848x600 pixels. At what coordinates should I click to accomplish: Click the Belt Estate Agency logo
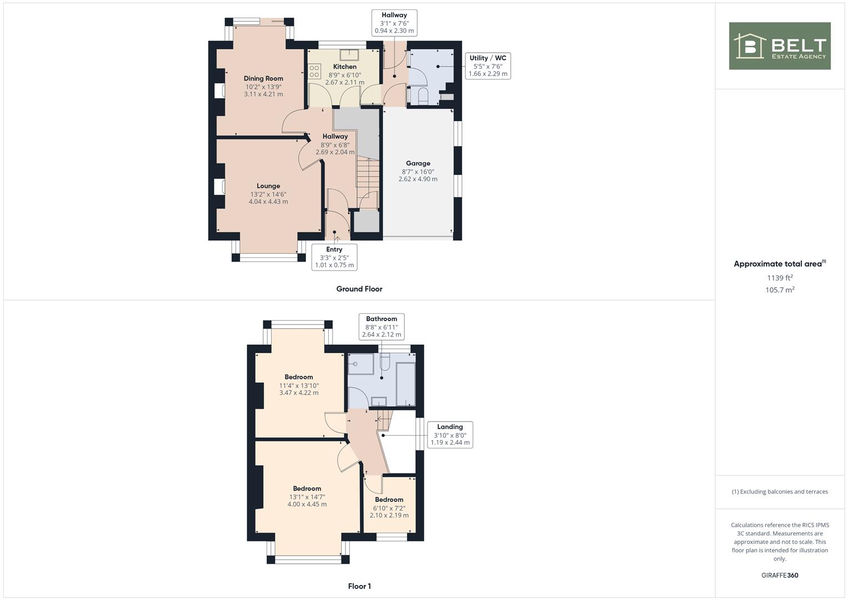pyautogui.click(x=779, y=46)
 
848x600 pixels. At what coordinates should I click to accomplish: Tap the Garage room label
pyautogui.click(x=418, y=163)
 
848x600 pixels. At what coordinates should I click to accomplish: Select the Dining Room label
pyautogui.click(x=263, y=78)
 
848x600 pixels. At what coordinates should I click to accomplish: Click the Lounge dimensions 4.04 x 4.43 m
pyautogui.click(x=268, y=202)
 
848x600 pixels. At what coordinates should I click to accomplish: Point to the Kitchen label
pyautogui.click(x=345, y=67)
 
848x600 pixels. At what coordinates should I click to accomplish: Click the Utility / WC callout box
pyautogui.click(x=488, y=66)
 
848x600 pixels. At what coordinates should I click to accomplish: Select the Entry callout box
pyautogui.click(x=334, y=257)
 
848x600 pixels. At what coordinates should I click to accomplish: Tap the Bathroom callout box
pyautogui.click(x=382, y=327)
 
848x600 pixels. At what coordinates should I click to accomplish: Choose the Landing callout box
pyautogui.click(x=450, y=435)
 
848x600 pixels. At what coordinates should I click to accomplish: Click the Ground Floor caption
pyautogui.click(x=359, y=289)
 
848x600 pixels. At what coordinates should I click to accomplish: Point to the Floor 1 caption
pyautogui.click(x=359, y=586)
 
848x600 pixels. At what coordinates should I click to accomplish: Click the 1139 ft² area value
pyautogui.click(x=780, y=278)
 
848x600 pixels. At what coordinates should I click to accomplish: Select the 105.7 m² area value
pyautogui.click(x=780, y=290)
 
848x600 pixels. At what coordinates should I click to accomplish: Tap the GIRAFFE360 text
pyautogui.click(x=780, y=575)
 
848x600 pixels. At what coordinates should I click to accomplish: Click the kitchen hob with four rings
pyautogui.click(x=314, y=71)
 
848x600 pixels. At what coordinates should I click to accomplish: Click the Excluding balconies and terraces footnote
pyautogui.click(x=780, y=492)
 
